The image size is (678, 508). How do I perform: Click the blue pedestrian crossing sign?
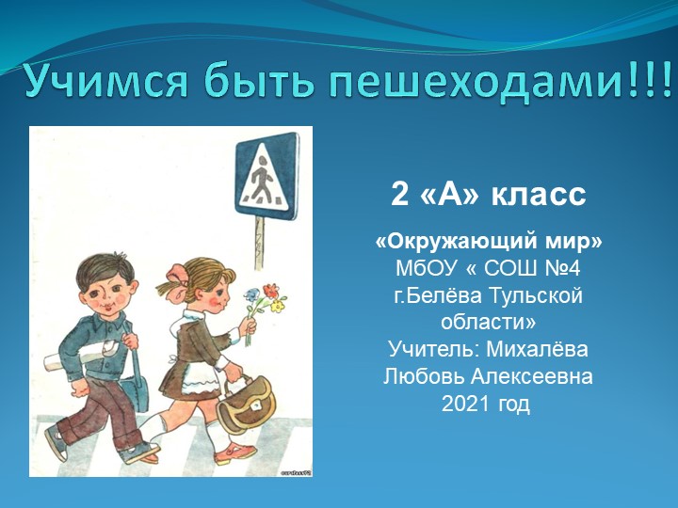(266, 174)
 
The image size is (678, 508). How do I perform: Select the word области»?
(489, 323)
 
